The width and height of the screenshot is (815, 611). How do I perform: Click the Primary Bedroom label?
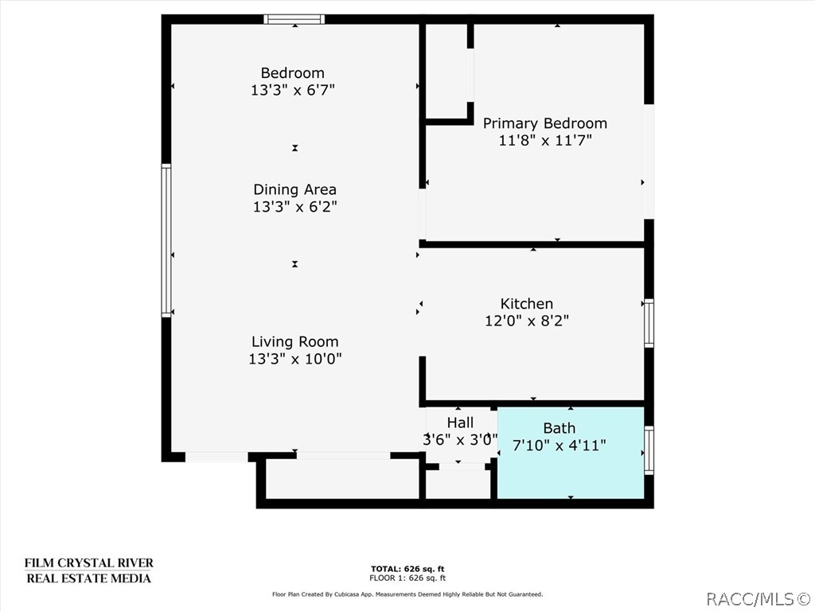[545, 123]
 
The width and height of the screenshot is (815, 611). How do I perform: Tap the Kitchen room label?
[526, 303]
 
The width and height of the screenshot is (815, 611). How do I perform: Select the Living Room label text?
[294, 341]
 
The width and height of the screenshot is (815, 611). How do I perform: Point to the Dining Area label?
[294, 189]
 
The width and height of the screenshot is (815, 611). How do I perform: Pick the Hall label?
[460, 422]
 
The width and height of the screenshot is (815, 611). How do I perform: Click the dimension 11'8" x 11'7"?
[545, 141]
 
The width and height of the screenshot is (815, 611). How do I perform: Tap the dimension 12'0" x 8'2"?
[526, 321]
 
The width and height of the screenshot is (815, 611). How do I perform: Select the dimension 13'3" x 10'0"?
[294, 359]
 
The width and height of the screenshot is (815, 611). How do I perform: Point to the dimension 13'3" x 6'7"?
[293, 91]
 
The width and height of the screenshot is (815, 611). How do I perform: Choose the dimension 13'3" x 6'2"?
[294, 207]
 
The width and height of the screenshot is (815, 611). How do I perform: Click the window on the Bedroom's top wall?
[294, 19]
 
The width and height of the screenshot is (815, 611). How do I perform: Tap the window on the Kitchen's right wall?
[649, 323]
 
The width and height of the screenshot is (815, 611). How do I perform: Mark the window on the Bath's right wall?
[649, 450]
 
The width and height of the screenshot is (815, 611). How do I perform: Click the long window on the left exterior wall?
[166, 240]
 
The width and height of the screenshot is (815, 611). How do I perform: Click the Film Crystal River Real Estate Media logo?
[88, 570]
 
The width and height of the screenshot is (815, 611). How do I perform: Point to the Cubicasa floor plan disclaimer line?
[407, 594]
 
